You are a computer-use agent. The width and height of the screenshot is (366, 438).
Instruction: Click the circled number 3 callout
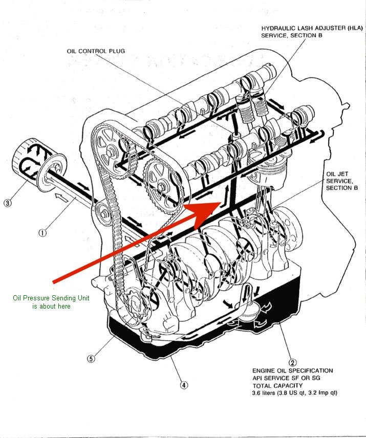(x=7, y=203)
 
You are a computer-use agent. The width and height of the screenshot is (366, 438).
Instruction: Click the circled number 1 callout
(x=42, y=232)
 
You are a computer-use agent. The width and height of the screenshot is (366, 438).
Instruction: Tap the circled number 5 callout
(x=91, y=359)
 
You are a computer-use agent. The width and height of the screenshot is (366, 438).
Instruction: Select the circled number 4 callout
(x=184, y=385)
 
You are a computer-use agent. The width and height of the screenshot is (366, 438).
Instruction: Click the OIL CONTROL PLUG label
(x=96, y=51)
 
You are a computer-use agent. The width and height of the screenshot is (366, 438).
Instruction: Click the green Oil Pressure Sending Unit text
(x=51, y=302)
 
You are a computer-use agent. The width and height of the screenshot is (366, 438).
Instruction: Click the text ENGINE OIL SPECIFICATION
(x=292, y=370)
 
